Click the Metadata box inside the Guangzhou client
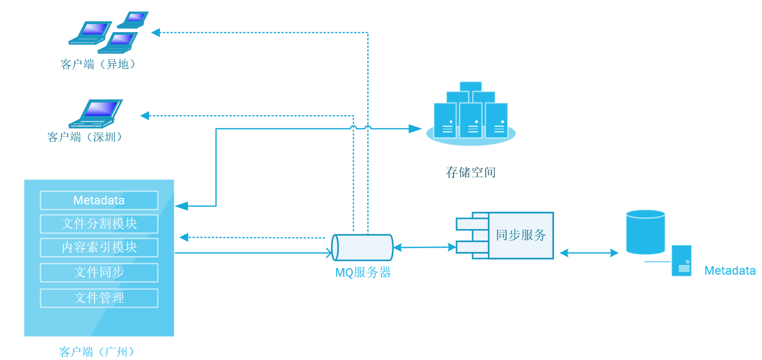tap(99, 200)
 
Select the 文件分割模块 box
tap(99, 224)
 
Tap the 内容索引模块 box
tap(99, 247)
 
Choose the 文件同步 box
tap(99, 272)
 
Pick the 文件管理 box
tap(99, 298)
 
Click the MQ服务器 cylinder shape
tap(363, 248)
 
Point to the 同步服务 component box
tap(505, 235)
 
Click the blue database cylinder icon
tap(645, 232)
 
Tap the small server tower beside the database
tap(681, 261)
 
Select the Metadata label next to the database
tap(730, 271)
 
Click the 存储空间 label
tap(471, 172)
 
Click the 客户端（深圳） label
tap(85, 137)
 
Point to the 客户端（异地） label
tap(98, 64)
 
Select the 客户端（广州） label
tap(97, 352)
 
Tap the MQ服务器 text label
tap(363, 272)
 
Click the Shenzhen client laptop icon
tap(95, 113)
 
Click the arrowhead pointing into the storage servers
tap(415, 129)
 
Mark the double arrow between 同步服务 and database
tap(589, 253)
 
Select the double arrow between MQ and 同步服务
tap(425, 248)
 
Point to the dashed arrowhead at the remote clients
tap(156, 33)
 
